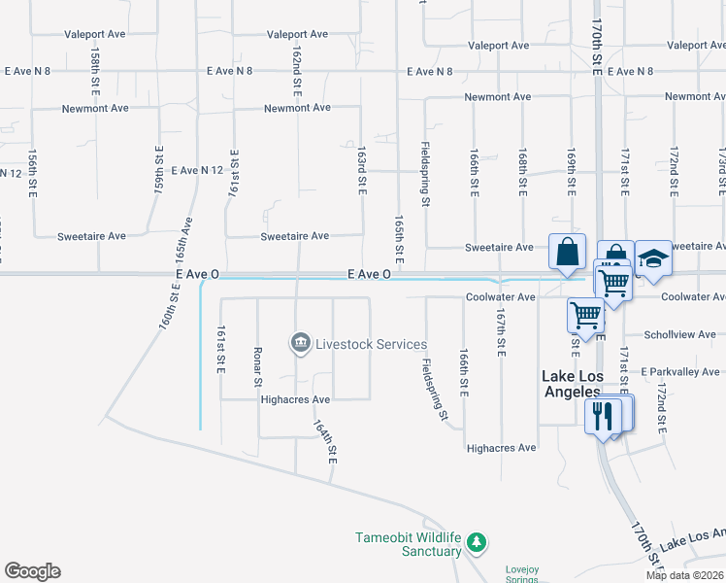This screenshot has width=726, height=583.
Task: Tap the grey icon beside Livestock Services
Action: click(300, 344)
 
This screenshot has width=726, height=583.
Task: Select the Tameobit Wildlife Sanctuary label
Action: click(408, 544)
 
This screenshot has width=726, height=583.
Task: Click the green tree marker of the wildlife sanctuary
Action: click(476, 542)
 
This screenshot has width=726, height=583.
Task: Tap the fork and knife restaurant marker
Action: click(602, 416)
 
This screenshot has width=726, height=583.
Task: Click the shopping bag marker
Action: click(567, 253)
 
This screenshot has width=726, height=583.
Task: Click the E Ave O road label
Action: click(370, 275)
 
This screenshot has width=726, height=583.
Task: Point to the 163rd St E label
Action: click(361, 169)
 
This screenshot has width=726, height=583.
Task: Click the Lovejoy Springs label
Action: click(521, 574)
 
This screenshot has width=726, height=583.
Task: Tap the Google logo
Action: click(32, 571)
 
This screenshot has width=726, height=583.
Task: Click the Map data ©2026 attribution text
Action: click(685, 575)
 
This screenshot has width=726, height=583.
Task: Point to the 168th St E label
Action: click(522, 172)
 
